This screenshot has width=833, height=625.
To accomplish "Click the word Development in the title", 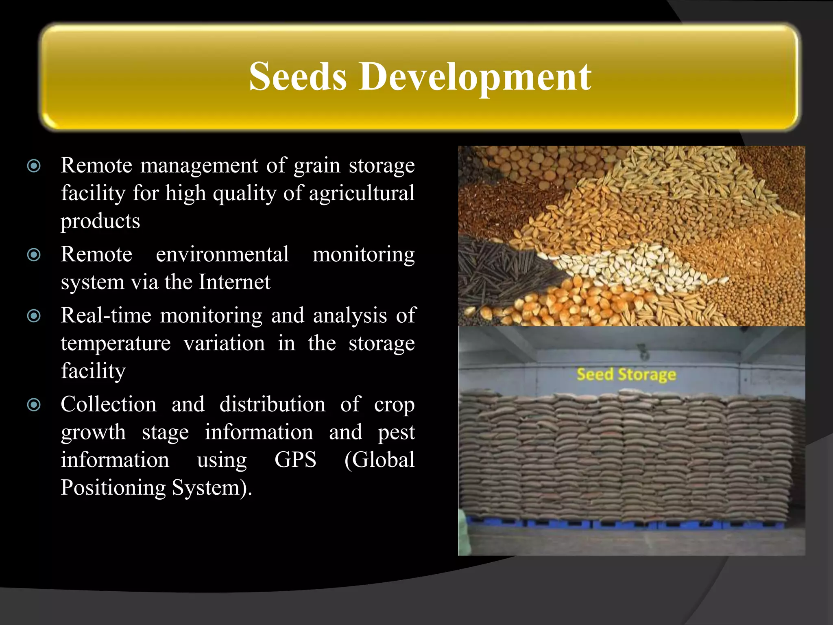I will pyautogui.click(x=475, y=77).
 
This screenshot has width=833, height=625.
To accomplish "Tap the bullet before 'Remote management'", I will pyautogui.click(x=34, y=166).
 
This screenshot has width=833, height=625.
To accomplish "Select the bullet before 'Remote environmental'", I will pyautogui.click(x=34, y=255).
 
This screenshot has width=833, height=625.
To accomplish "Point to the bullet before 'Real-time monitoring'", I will pyautogui.click(x=34, y=316).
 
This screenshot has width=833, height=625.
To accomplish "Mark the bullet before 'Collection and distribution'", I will pyautogui.click(x=34, y=405).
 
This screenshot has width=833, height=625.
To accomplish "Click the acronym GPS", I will pyautogui.click(x=295, y=460).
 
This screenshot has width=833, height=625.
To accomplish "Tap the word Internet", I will pyautogui.click(x=234, y=282).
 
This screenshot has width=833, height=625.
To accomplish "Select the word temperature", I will pyautogui.click(x=116, y=343).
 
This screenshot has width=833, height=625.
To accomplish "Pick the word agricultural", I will pyautogui.click(x=362, y=193).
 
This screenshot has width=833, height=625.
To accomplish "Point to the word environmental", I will pyautogui.click(x=222, y=254).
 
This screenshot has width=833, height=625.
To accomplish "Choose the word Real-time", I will pyautogui.click(x=106, y=315).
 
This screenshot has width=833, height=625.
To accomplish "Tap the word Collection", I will pyautogui.click(x=109, y=404).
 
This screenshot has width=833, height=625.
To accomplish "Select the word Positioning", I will pyautogui.click(x=113, y=487).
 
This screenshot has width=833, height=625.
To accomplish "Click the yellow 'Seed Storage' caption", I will pyautogui.click(x=626, y=374).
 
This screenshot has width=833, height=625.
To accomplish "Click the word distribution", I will pyautogui.click(x=272, y=404).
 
